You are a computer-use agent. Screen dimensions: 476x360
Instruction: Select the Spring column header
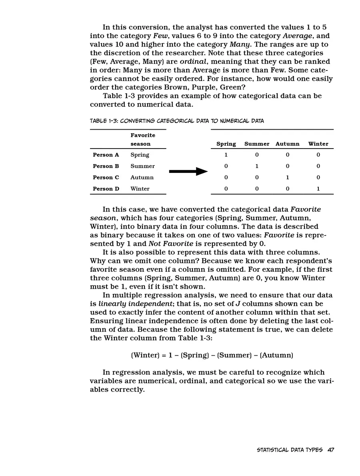pos(226,144)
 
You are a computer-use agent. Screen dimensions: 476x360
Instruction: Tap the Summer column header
pos(257,144)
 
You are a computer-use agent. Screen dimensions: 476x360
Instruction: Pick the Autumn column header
pos(287,144)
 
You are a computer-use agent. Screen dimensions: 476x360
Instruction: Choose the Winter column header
pos(318,144)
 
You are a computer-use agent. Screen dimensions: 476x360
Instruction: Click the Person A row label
pos(106,155)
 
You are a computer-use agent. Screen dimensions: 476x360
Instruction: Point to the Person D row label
pos(106,189)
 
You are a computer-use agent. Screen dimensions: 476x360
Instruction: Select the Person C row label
pos(106,177)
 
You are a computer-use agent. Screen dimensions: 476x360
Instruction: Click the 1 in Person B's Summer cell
pos(257,166)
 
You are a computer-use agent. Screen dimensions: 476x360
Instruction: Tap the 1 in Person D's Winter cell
pos(318,189)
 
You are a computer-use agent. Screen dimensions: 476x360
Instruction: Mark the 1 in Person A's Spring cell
pos(226,155)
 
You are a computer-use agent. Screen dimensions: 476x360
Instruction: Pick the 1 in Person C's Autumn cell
pos(287,177)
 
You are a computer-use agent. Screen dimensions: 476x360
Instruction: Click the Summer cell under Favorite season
pos(142,166)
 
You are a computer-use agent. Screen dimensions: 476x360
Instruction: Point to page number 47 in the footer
pos(330,450)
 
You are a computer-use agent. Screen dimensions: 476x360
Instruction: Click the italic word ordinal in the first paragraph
pos(193,62)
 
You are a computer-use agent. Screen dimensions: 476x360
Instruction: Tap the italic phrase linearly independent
pos(135,304)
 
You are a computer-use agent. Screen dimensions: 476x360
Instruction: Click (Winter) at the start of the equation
pos(145,355)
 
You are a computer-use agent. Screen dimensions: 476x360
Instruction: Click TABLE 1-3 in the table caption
pos(103,121)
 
